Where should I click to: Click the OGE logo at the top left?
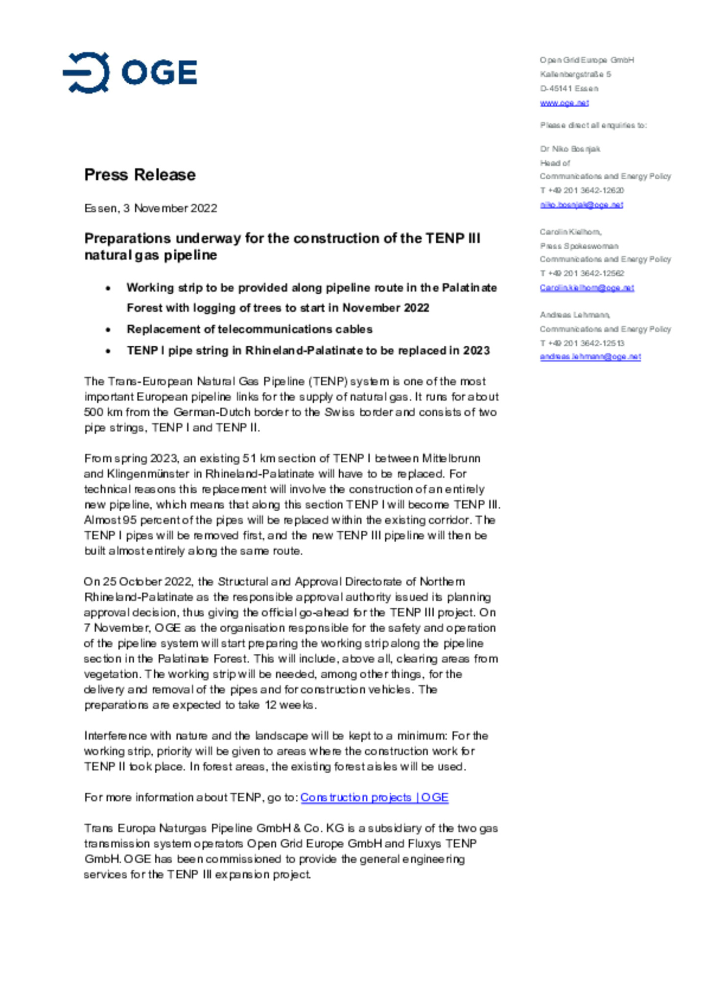[x=130, y=72]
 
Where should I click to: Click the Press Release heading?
[x=140, y=175]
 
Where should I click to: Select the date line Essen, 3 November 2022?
[x=150, y=208]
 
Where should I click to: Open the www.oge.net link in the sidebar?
[x=564, y=103]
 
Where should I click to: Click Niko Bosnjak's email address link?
[x=581, y=205]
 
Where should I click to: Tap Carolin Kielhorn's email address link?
[x=587, y=288]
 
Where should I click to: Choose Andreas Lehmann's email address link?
[x=590, y=357]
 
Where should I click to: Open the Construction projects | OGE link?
[x=374, y=797]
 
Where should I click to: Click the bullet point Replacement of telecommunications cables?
[x=249, y=329]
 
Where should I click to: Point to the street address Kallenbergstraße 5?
[x=575, y=74]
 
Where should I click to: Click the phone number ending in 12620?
[x=582, y=190]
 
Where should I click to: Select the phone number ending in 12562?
[x=582, y=274]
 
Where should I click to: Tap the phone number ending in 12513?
[x=582, y=343]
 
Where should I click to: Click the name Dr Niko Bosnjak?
[x=570, y=149]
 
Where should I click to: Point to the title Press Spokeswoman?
[x=579, y=246]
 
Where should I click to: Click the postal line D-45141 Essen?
[x=569, y=89]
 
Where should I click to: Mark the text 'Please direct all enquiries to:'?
[x=593, y=125]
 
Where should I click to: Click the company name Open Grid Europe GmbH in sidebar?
[x=587, y=60]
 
